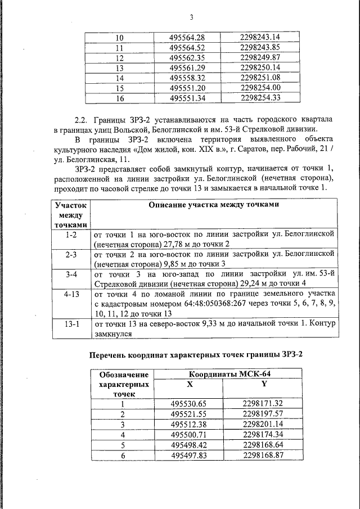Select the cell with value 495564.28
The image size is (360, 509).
pyautogui.click(x=187, y=38)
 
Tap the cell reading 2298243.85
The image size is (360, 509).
pyautogui.click(x=259, y=47)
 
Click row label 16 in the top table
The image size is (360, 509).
pyautogui.click(x=119, y=98)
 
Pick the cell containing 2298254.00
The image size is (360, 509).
pyautogui.click(x=259, y=88)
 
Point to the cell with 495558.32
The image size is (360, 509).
pyautogui.click(x=187, y=78)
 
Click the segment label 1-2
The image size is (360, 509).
pyautogui.click(x=71, y=233)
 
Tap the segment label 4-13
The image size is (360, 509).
pyautogui.click(x=71, y=294)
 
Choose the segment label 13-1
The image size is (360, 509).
pyautogui.click(x=71, y=324)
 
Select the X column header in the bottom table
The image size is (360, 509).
pyautogui.click(x=189, y=384)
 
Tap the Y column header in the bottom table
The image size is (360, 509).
pyautogui.click(x=263, y=384)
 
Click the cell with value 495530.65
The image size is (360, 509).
pyautogui.click(x=189, y=403)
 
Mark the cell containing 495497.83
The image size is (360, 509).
pyautogui.click(x=189, y=454)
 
